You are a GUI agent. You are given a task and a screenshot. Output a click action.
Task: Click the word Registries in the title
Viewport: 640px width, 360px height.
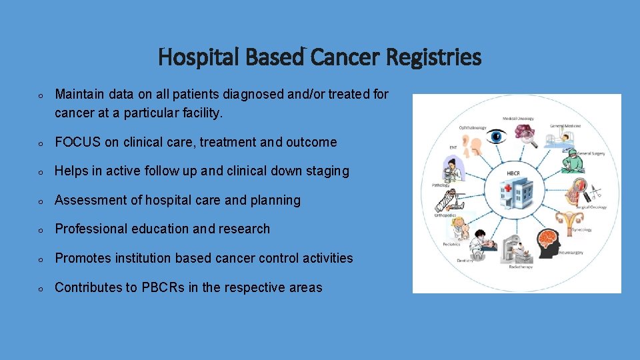click(x=434, y=58)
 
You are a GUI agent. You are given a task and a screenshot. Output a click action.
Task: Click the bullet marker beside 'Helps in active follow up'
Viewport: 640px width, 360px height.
click(x=41, y=172)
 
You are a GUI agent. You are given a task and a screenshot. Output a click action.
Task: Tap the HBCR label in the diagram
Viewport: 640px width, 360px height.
click(x=514, y=173)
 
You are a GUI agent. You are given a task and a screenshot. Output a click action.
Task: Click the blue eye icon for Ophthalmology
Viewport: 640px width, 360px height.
click(x=496, y=137)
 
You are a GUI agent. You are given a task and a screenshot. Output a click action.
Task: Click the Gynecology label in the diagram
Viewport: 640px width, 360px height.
click(x=581, y=229)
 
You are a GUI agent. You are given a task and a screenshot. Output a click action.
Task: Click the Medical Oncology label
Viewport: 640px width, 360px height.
click(x=518, y=118)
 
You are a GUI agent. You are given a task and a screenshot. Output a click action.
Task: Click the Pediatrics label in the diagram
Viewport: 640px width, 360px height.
click(x=451, y=244)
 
